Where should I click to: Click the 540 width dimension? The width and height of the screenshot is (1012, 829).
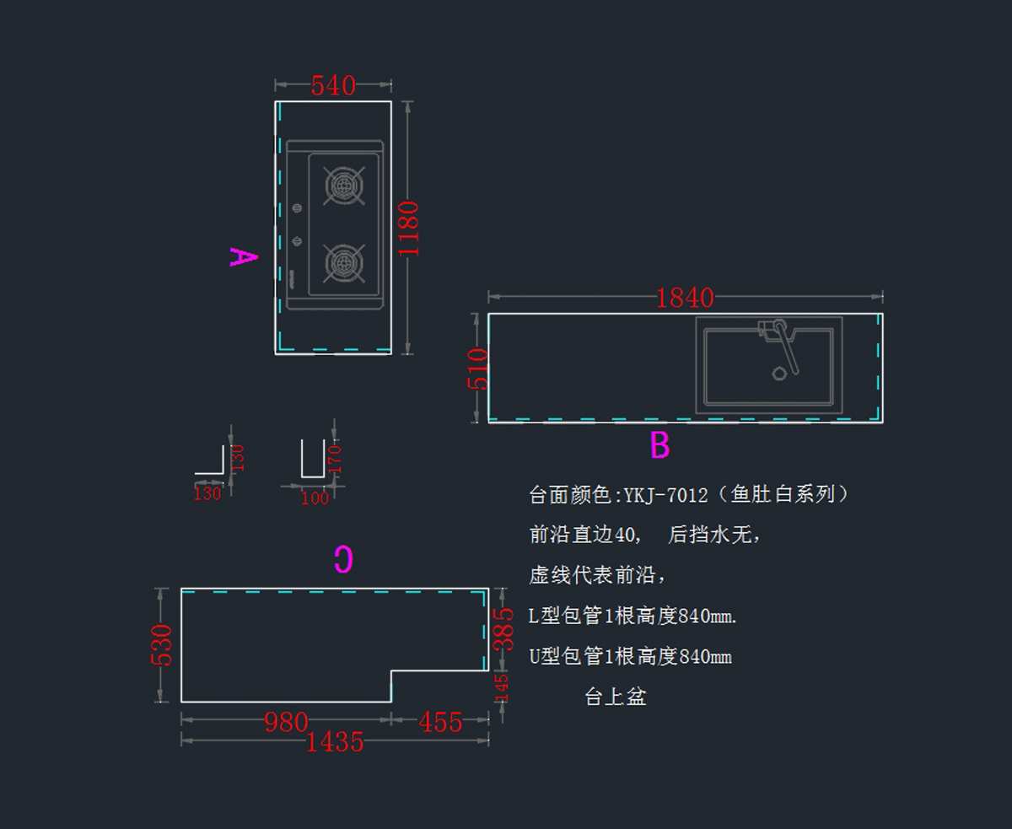tap(333, 85)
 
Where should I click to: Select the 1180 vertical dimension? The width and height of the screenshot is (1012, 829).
tap(409, 229)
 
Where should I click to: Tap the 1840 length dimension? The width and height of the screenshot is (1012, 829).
tap(685, 298)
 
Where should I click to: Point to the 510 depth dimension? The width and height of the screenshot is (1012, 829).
tap(477, 368)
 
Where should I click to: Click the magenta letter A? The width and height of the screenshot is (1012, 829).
tap(243, 256)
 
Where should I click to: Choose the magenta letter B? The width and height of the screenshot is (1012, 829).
tap(659, 445)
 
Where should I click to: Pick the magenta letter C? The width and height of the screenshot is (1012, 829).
tap(342, 560)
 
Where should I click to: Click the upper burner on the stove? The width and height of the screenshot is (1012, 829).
tap(344, 185)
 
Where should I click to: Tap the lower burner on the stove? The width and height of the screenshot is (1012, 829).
tap(344, 263)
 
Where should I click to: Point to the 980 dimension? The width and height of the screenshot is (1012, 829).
tap(286, 723)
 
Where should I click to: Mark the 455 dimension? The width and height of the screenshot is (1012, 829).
tap(440, 723)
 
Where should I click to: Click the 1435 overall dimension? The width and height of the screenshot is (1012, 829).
tap(335, 742)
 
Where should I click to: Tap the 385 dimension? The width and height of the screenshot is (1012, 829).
tap(503, 628)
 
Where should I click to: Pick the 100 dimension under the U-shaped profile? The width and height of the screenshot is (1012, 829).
tap(315, 498)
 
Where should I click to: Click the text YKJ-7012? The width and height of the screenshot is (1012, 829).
tap(666, 495)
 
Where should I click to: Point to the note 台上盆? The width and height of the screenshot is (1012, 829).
tap(616, 697)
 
